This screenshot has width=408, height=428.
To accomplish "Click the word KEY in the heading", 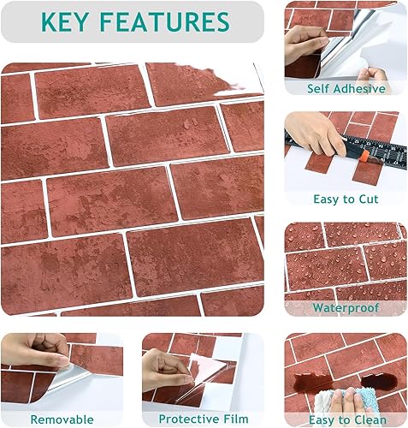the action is coord(64,21).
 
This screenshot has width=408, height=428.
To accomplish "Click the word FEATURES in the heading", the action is coord(165,21).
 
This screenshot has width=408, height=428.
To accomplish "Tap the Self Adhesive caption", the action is coord(346,88).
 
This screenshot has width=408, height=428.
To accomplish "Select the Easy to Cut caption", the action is coord(346,199).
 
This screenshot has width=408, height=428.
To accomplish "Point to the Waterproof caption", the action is coord(346,308).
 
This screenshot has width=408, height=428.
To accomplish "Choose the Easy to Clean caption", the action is coord(347,420).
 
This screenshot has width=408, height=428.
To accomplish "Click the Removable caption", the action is coord(62,419).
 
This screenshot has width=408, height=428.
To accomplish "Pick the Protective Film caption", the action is coord(204,419).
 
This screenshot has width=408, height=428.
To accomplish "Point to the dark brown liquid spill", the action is coord(346,382).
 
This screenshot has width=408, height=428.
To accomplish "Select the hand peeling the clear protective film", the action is coord(166,371).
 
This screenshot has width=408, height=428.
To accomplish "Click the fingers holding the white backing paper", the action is coord(372,74).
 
